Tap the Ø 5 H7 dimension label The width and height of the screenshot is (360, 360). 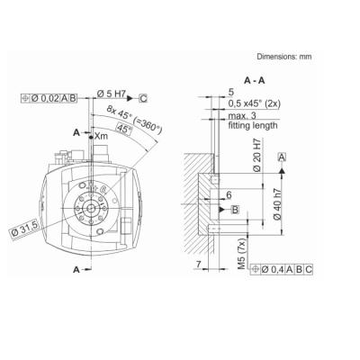[110, 94]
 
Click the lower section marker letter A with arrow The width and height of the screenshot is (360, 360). [77, 269]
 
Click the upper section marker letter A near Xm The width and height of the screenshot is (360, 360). [77, 132]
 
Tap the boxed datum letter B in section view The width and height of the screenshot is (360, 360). [236, 209]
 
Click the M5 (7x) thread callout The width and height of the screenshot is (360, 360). [239, 257]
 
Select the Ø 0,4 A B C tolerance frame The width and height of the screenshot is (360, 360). [286, 269]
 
